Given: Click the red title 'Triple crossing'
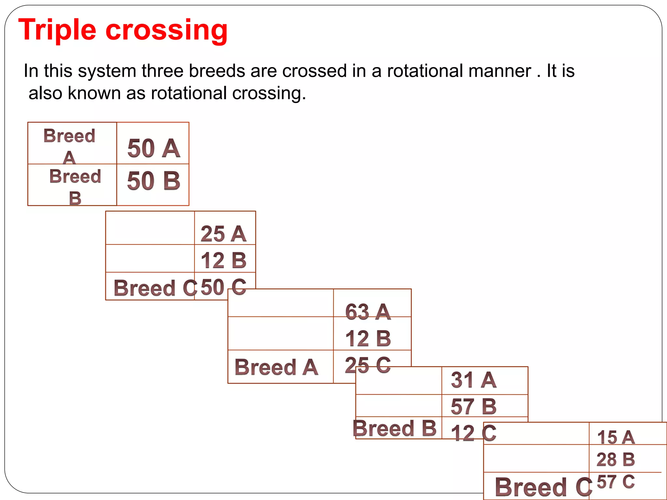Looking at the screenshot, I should coord(123,30).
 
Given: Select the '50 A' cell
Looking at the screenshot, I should coord(153,148).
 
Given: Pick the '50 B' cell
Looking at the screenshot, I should coord(153,181).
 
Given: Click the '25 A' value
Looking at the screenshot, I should coord(223,234).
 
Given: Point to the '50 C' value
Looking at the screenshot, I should coord(223,287).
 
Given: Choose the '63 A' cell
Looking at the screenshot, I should coord(368,312).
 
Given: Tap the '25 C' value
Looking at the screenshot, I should coord(368,365).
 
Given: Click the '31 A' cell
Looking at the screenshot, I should coord(474,380).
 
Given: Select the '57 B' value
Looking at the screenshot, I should coord(474,406).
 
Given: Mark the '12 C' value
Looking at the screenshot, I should coord(474,433).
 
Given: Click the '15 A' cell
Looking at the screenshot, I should coord(616,437).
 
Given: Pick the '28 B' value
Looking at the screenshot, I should coord(616,459).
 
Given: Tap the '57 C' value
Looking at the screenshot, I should coord(616,482).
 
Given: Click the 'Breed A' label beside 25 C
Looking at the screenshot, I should coord(276,367).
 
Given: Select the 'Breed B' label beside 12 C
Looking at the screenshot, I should coord(394,428).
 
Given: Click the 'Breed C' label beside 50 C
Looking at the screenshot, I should coord(155,288).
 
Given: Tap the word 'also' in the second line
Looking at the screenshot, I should coord(45,93).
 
